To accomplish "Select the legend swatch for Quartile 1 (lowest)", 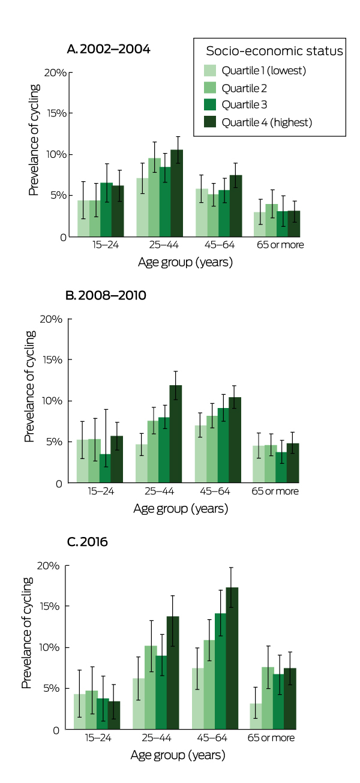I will [211, 71].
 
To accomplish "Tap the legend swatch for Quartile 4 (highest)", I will [211, 122].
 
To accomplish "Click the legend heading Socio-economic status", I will [275, 51].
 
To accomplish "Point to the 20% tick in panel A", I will [56, 73].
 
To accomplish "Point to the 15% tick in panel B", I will [55, 360].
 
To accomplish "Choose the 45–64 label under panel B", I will [220, 491].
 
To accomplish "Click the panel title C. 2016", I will [88, 542].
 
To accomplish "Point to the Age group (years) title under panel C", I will [178, 755].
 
